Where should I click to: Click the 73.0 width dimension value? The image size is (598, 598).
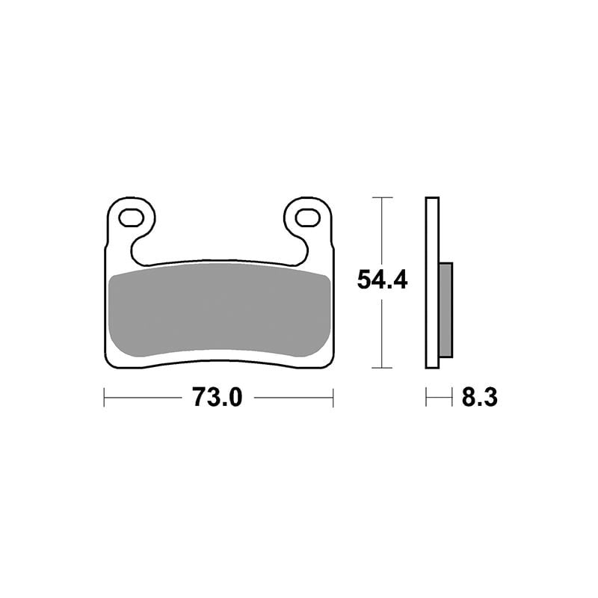(218, 397)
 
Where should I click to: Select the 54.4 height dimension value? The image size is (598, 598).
(382, 280)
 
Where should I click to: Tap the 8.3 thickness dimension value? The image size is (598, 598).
(479, 397)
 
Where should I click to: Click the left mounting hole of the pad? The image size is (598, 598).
(132, 218)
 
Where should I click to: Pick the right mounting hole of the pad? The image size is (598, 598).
(307, 218)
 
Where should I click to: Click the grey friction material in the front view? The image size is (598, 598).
(219, 309)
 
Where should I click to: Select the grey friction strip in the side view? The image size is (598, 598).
(446, 309)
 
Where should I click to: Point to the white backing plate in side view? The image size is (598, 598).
(432, 283)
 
